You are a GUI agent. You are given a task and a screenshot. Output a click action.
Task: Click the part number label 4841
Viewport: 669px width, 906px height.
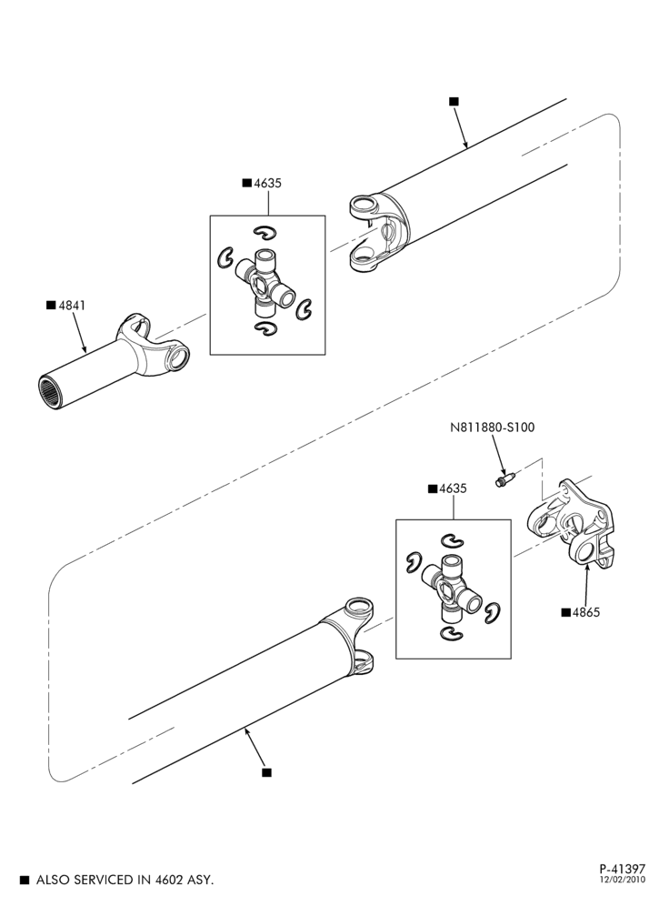[x=72, y=305]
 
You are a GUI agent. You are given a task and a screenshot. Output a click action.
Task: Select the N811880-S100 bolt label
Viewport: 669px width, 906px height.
[x=493, y=428]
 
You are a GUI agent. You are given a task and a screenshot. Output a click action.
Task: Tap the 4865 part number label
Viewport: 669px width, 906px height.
[x=586, y=612]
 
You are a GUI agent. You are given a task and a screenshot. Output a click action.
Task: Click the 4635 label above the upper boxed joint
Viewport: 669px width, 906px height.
[x=268, y=183]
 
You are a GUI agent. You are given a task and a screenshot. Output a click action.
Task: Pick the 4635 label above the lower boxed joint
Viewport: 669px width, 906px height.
[x=453, y=488]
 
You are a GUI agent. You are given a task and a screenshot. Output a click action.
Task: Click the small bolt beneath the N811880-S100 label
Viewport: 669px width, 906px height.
[x=505, y=479]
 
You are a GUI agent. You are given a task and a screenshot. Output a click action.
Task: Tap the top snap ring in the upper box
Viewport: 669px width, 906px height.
[x=265, y=232]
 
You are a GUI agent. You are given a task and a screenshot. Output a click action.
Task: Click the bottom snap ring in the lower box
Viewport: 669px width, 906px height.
[x=451, y=633]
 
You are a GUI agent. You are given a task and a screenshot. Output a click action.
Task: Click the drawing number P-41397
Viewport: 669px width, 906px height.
[x=623, y=869]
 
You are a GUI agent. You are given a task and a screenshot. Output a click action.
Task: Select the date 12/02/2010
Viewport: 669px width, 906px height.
[x=623, y=880]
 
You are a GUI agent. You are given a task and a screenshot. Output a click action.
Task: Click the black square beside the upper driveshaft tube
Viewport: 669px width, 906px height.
[x=454, y=101]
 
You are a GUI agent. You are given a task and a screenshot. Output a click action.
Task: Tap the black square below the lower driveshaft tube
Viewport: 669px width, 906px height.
[x=266, y=772]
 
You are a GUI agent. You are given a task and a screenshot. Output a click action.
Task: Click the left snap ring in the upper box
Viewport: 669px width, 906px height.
[x=224, y=258]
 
